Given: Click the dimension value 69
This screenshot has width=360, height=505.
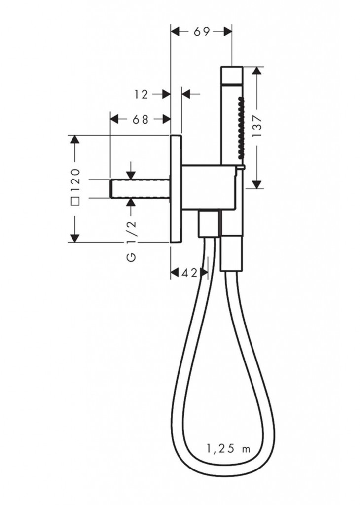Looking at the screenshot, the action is click(x=202, y=32).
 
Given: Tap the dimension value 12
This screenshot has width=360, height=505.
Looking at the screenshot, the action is click(x=142, y=94).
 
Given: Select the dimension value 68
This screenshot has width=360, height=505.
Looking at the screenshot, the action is click(x=141, y=119).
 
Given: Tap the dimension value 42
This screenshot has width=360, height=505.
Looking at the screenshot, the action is click(x=189, y=273).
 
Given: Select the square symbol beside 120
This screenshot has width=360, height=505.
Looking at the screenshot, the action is click(x=75, y=201).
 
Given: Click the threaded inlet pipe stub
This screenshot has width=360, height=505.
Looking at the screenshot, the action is click(x=141, y=188).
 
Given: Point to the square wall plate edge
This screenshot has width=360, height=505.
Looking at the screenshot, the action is click(x=176, y=188).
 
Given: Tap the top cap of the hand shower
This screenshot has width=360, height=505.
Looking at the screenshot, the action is click(x=232, y=75).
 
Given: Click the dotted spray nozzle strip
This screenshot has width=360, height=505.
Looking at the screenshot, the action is click(x=239, y=127).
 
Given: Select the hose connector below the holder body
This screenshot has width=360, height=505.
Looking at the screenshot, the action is click(x=209, y=223).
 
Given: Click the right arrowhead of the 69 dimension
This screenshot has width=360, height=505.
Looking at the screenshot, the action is click(x=228, y=32).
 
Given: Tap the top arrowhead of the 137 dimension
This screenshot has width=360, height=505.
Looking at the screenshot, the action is click(x=256, y=71).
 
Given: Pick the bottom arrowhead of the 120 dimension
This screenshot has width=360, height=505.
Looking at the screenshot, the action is click(x=74, y=238).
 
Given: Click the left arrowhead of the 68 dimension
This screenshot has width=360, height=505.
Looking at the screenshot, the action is click(x=115, y=119).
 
